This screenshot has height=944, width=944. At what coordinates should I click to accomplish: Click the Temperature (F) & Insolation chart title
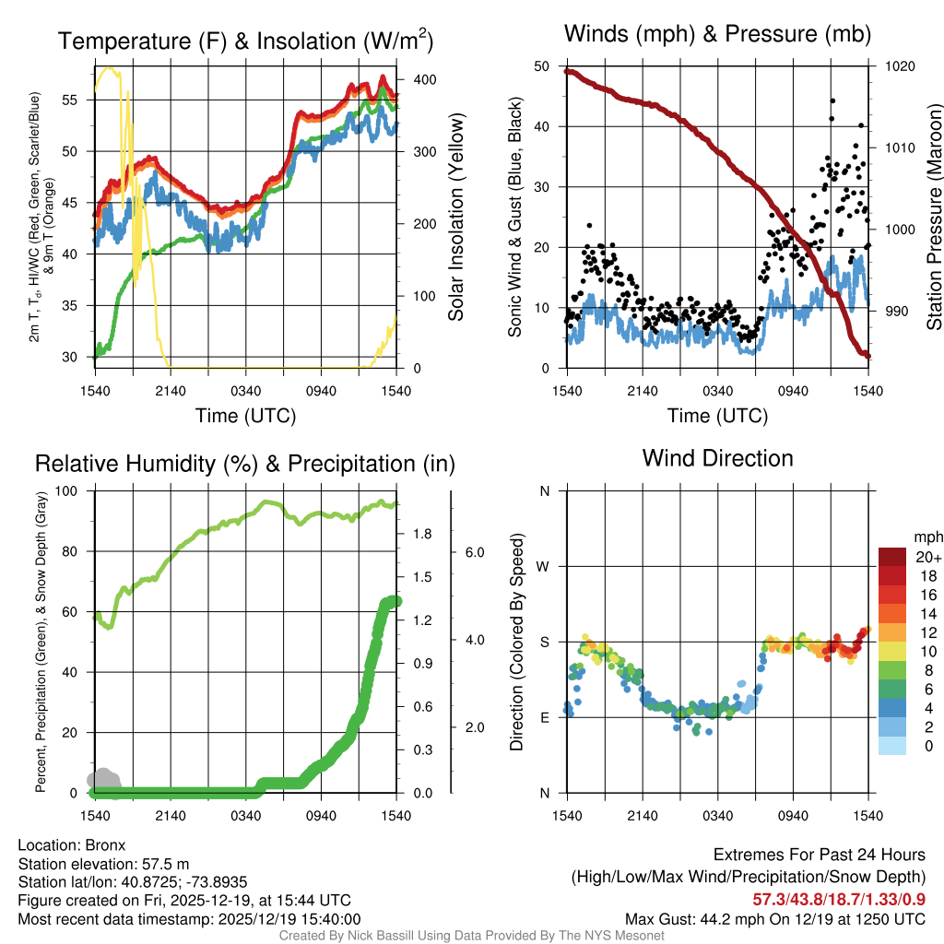coord(245,41)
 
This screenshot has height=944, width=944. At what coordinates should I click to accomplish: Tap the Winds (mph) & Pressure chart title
coord(717,34)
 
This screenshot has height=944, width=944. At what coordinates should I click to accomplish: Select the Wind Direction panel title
coord(717,457)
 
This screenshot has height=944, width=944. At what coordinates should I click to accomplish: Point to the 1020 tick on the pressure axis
coord(898,66)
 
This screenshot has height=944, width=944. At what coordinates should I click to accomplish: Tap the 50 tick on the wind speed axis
coord(543,66)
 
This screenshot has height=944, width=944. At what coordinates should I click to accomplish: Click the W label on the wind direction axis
coord(544,566)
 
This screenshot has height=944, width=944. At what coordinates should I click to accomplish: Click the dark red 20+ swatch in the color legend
coord(895,557)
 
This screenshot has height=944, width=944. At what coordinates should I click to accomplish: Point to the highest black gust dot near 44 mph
coord(832,100)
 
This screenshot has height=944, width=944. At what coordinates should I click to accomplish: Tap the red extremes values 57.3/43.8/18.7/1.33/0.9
coord(840,899)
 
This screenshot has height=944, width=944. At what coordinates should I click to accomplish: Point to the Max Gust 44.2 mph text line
coord(774,919)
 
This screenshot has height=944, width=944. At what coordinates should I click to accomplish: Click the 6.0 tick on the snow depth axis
coord(473,552)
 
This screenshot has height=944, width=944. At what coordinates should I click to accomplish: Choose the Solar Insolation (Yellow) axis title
coord(455,217)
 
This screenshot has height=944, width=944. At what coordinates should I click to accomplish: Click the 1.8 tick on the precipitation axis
coord(424,534)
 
